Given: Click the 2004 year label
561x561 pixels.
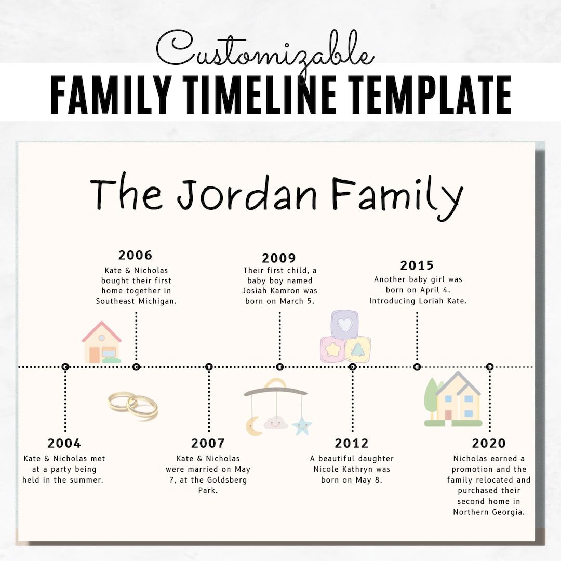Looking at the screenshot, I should point(64,443).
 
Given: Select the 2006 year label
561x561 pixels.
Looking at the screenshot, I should point(135,255).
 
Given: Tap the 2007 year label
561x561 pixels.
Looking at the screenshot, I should point(208,443).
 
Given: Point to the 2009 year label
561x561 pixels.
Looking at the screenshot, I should point(279,258).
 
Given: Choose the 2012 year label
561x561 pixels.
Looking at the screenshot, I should point(352,443).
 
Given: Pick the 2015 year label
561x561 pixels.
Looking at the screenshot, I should point(417,265).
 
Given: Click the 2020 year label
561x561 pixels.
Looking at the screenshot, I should point(489,443).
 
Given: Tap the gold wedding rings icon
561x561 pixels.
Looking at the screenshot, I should point(133,405).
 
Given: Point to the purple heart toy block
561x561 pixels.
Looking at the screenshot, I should point(345,325).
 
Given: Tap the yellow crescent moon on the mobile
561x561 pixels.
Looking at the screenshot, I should point(253,426).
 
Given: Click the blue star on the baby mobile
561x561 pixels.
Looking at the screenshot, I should point(301,426).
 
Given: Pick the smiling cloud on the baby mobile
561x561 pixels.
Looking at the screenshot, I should point(276,422).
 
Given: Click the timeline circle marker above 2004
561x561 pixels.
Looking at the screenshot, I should point(65,367).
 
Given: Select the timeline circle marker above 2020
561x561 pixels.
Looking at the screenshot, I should point(489,367).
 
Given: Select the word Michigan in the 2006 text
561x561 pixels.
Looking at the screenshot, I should point(156,301).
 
